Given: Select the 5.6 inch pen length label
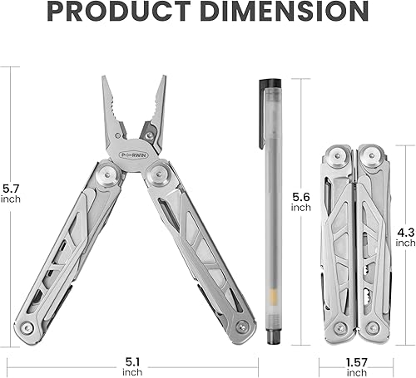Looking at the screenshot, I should pos(300,201).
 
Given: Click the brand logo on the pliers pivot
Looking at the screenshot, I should pos(135,155).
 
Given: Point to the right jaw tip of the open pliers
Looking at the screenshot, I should pos(163,80).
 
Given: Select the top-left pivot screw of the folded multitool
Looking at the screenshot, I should pos(336,155).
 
